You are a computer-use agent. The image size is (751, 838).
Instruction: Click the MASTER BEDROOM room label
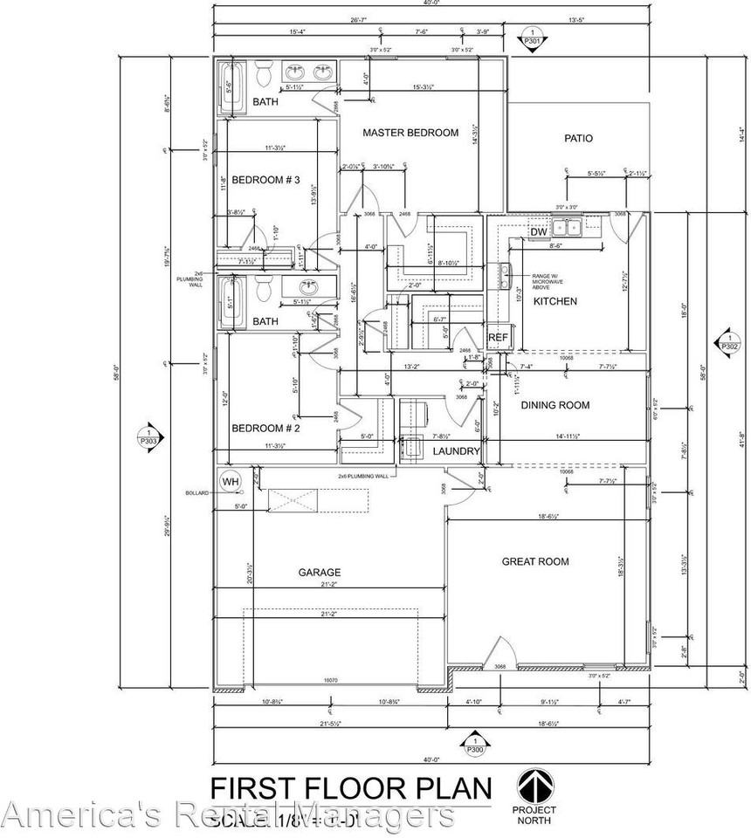(x=410, y=133)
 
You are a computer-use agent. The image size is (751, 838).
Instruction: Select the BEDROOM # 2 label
(x=265, y=429)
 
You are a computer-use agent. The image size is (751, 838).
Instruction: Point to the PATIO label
(x=578, y=138)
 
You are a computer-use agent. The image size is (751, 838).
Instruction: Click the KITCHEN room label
(x=555, y=301)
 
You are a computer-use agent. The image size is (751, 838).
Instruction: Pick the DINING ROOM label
(x=555, y=405)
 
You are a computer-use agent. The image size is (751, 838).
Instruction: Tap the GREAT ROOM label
(x=535, y=561)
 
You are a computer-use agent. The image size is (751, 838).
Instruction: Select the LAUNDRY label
(x=457, y=451)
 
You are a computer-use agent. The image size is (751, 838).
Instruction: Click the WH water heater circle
(x=230, y=482)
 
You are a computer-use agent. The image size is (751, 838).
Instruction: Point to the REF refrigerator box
(x=498, y=338)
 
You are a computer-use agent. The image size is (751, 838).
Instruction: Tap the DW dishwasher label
(x=538, y=232)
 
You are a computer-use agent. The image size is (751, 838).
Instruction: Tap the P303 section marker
(x=149, y=436)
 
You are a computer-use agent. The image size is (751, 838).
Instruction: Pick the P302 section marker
(x=728, y=341)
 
